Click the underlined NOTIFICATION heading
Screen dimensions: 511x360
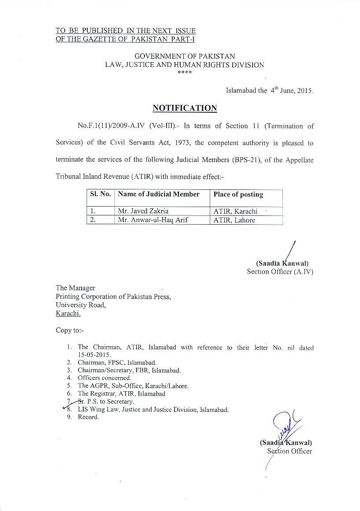[x=185, y=108]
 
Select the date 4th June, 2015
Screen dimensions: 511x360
[x=291, y=91]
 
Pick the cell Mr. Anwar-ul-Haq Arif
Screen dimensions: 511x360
[x=153, y=220]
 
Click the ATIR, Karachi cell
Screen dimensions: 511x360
[x=235, y=211]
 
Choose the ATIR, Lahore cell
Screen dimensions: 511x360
[x=234, y=220]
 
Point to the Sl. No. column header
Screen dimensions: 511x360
[x=100, y=194]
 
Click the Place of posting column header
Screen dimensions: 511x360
[x=238, y=194]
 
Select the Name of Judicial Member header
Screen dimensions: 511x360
[x=159, y=194]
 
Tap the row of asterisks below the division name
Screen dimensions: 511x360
[x=184, y=72]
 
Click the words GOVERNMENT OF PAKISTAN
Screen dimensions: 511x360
[x=185, y=56]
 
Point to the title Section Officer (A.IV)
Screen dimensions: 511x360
[x=280, y=271]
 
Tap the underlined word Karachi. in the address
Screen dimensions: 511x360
[x=68, y=314]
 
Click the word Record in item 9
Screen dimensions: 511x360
[x=88, y=417]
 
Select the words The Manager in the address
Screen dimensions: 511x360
[x=75, y=288]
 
